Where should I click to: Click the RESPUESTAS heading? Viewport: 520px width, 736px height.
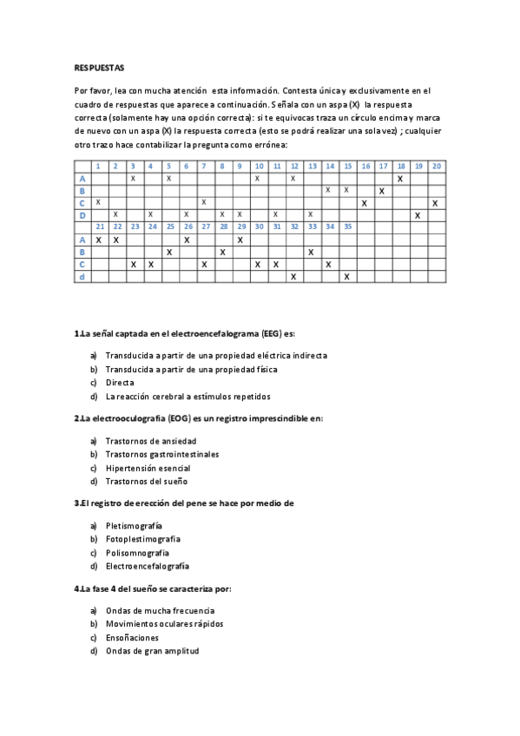point(100,67)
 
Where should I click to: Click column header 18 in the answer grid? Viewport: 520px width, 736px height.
point(400,166)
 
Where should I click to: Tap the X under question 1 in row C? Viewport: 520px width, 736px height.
point(98,202)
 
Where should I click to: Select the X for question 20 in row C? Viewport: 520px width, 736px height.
point(435,202)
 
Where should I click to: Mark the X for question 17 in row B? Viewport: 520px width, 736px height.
point(382,190)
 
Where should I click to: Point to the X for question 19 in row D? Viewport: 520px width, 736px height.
point(418,214)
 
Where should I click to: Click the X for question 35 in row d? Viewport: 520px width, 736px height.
point(346,276)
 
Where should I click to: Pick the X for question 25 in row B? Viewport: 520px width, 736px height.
point(169,252)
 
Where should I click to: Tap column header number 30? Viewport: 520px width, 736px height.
point(258,227)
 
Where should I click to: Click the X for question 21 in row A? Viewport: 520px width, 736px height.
point(98,240)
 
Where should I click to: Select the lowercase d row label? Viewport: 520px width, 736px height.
point(82,276)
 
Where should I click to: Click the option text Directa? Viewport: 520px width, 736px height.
point(120,382)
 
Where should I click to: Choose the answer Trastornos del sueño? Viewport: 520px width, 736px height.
point(146,482)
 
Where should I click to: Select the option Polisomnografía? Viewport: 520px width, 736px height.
point(137,553)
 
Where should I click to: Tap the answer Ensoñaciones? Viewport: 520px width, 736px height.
point(132,637)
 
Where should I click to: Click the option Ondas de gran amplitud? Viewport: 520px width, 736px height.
point(152,651)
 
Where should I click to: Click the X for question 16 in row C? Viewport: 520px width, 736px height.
point(365,202)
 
